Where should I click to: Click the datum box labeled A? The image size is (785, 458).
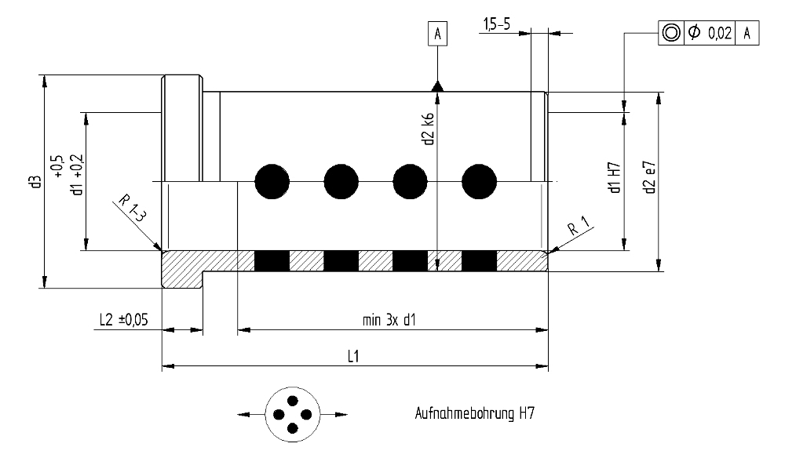pyautogui.click(x=437, y=34)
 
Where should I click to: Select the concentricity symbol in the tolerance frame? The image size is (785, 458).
pyautogui.click(x=671, y=33)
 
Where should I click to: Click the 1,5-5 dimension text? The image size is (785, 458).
pyautogui.click(x=495, y=25)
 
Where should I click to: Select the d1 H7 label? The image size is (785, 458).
pyautogui.click(x=615, y=177)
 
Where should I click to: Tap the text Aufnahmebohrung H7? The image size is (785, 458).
pyautogui.click(x=475, y=413)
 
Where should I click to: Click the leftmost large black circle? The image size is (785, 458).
pyautogui.click(x=272, y=182)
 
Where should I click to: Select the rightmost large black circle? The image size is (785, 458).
pyautogui.click(x=479, y=182)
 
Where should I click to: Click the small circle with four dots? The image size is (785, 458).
pyautogui.click(x=290, y=413)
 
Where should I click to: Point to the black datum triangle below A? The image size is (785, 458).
pyautogui.click(x=437, y=85)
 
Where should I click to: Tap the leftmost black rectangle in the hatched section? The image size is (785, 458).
pyautogui.click(x=272, y=261)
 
